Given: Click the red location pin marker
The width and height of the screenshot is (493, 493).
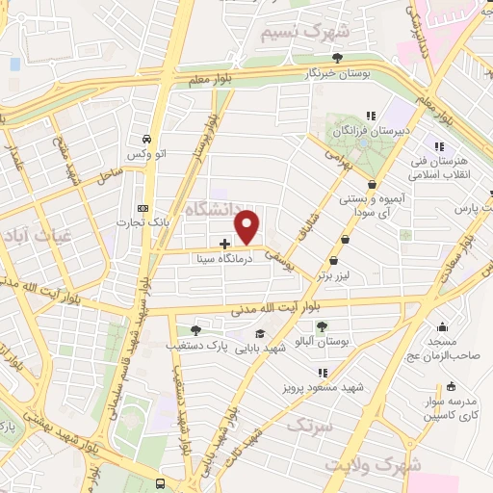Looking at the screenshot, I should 247,227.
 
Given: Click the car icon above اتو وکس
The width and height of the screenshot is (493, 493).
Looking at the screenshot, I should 144,139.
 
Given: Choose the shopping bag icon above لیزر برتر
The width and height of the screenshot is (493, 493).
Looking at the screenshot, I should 333,260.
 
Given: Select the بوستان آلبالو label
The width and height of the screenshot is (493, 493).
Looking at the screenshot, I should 323,343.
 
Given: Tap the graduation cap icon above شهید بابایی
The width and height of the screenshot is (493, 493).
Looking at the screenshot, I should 260,333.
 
